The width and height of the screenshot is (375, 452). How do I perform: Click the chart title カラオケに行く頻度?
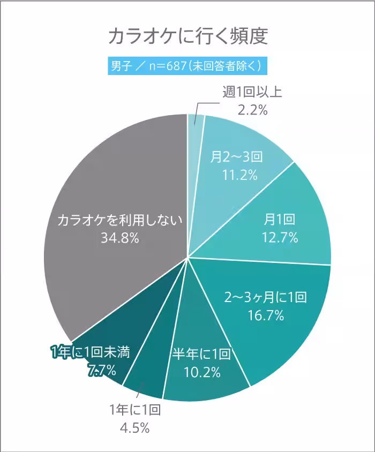[x=187, y=37]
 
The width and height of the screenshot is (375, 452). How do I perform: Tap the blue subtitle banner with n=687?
[x=187, y=66]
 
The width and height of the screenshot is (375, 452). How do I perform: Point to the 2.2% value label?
[x=252, y=110]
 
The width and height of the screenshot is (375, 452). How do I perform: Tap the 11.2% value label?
[x=236, y=175]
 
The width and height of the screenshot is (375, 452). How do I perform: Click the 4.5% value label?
[x=135, y=428]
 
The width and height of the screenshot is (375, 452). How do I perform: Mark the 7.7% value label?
[x=100, y=370]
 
